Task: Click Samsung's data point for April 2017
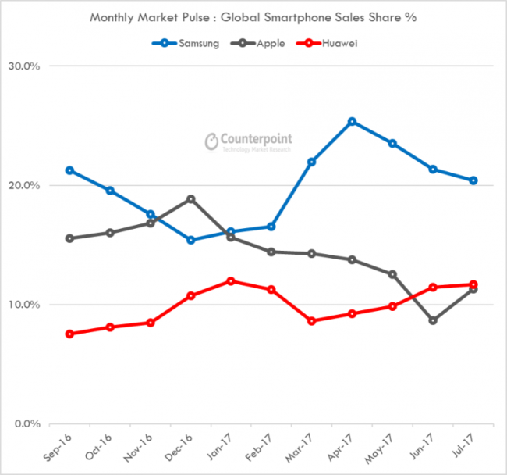(x=353, y=122)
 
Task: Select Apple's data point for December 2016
(x=191, y=199)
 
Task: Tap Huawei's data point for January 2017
(x=231, y=281)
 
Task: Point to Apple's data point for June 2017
(x=433, y=320)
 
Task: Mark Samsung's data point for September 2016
(x=70, y=170)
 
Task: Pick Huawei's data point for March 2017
(x=312, y=321)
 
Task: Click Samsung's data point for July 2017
(x=473, y=180)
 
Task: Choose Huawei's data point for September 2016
(x=70, y=334)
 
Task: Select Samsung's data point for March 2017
(x=312, y=162)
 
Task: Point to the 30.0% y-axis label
(x=27, y=66)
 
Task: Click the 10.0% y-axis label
(x=27, y=305)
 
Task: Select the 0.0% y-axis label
(x=29, y=424)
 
